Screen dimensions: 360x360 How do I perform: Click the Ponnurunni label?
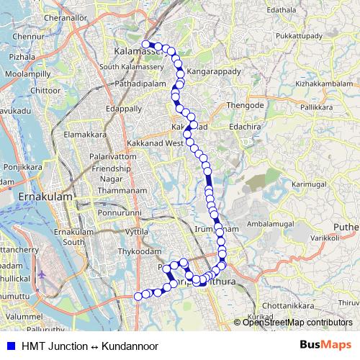point(120,213)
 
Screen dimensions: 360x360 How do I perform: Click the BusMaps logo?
point(325,346)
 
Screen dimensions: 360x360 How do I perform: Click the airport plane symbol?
point(41,274)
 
